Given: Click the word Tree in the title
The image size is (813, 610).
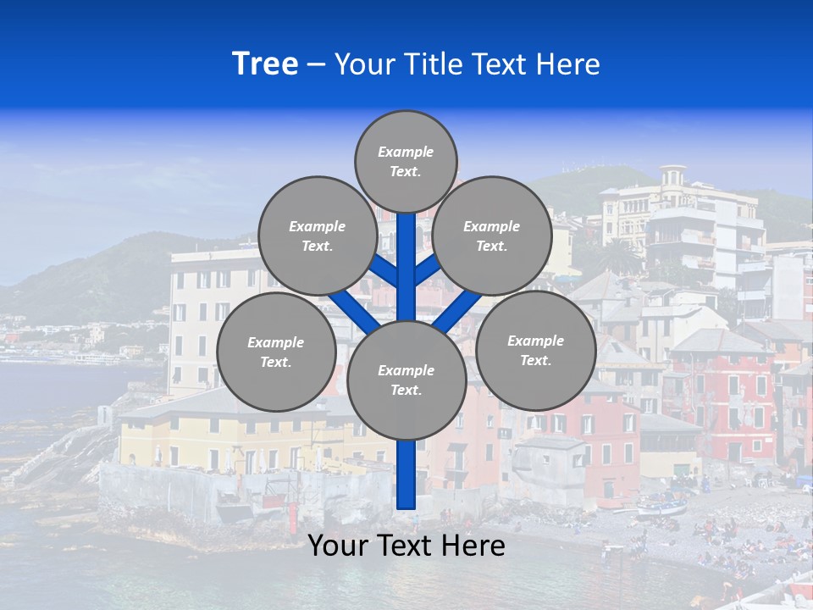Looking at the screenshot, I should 265,64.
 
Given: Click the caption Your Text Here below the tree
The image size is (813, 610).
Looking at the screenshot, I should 406,546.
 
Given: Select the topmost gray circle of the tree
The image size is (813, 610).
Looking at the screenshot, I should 406,161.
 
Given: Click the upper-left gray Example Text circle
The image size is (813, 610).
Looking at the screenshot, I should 318,236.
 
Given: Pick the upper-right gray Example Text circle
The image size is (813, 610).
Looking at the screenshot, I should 492,236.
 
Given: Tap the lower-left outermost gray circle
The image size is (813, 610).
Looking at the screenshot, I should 276,352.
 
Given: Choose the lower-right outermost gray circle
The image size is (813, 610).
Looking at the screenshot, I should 535,350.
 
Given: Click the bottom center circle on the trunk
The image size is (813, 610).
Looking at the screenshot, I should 406,380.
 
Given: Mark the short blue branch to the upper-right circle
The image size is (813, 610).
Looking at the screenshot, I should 428,269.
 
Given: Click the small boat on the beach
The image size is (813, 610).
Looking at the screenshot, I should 661,507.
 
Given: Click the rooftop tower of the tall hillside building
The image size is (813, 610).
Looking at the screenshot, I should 673,176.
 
